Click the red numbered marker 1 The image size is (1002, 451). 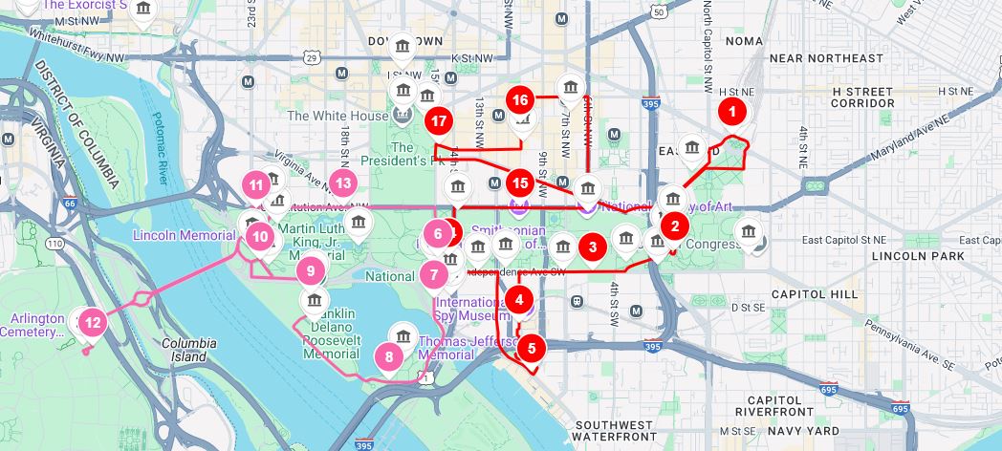[x=732, y=110]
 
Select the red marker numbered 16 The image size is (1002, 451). [x=520, y=99]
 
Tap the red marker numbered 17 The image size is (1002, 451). [x=439, y=121]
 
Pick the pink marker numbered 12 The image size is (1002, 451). [x=93, y=322]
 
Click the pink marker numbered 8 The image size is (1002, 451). [x=389, y=357]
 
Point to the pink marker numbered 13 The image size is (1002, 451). [x=343, y=183]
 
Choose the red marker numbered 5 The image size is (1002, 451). [x=532, y=348]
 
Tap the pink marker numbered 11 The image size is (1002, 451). [x=255, y=184]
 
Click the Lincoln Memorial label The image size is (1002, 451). [x=184, y=235]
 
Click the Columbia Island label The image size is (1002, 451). [x=188, y=350]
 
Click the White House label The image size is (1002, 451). [x=325, y=116]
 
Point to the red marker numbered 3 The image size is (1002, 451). [x=593, y=247]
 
